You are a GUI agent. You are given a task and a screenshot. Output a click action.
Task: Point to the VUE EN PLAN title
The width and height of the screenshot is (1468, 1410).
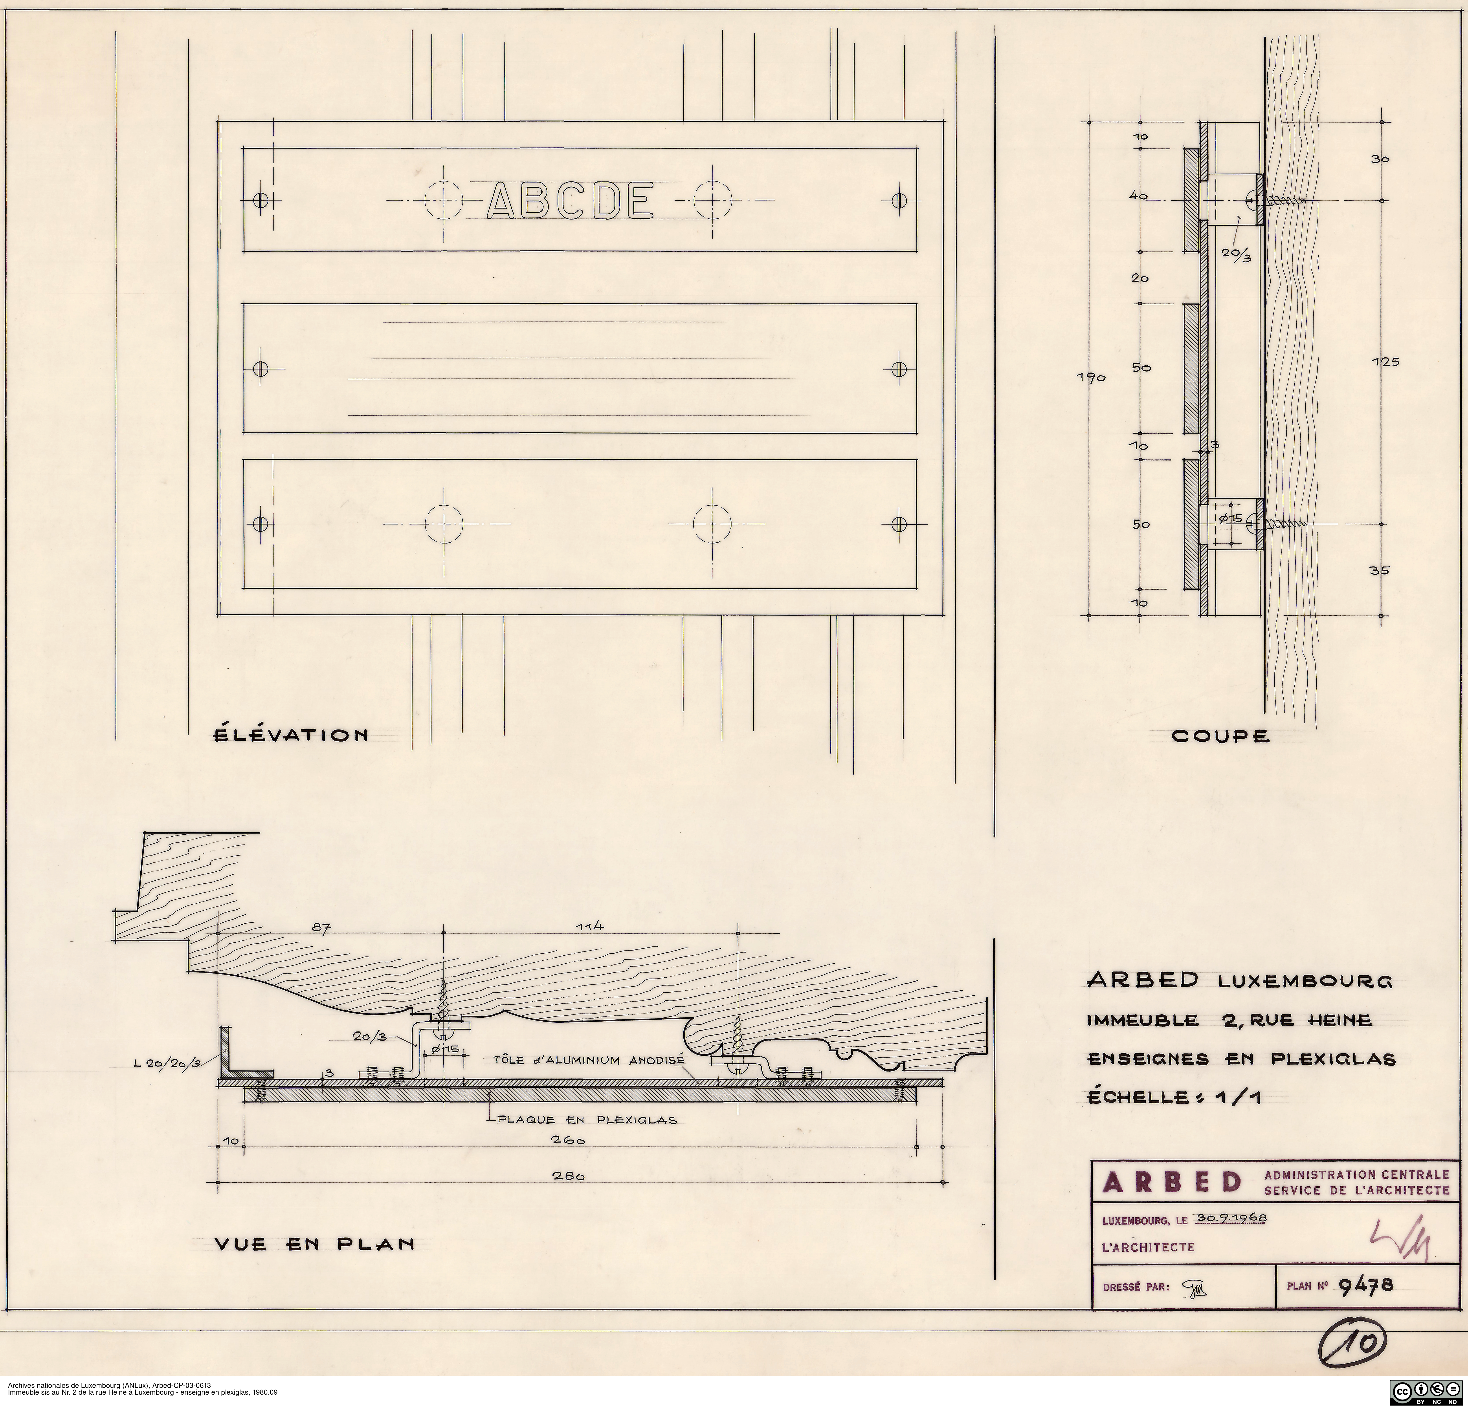click(315, 1245)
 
